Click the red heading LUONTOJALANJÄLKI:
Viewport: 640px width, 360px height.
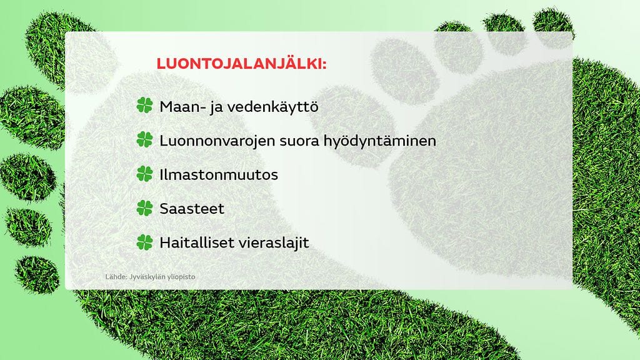point(241,64)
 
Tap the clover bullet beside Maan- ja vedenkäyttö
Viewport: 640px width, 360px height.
point(144,106)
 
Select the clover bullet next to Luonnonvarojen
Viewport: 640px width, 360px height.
point(144,140)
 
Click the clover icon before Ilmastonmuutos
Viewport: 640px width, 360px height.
point(144,174)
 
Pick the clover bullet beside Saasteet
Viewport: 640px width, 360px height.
point(144,208)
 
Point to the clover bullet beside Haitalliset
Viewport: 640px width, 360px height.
point(144,242)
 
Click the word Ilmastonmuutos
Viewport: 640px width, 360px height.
point(219,174)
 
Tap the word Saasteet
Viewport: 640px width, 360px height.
point(192,208)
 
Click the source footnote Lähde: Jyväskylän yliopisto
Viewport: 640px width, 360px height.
point(150,276)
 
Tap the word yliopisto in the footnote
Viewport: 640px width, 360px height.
point(181,276)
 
